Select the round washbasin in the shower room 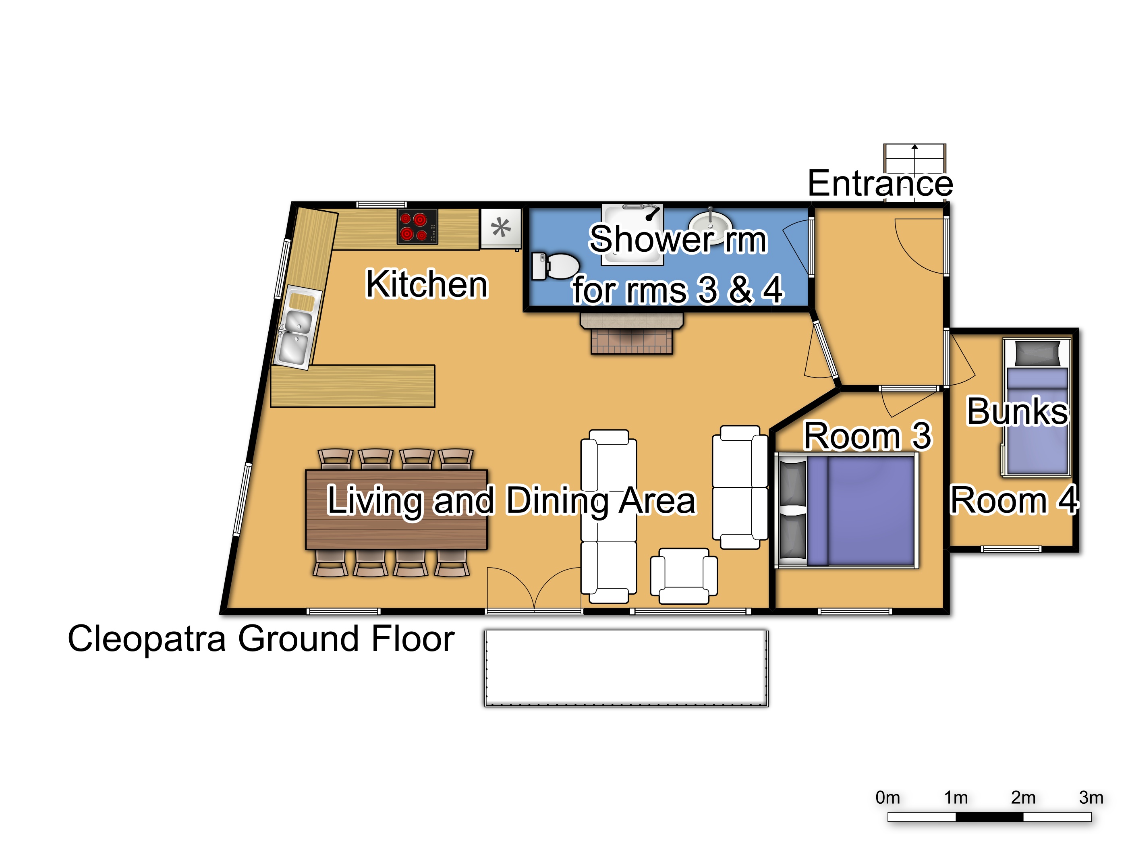point(710,223)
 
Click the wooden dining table point(397,510)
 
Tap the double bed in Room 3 point(846,510)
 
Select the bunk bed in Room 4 point(1037,406)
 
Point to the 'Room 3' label point(867,436)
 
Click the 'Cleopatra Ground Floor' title point(261,639)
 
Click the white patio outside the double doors point(626,668)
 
